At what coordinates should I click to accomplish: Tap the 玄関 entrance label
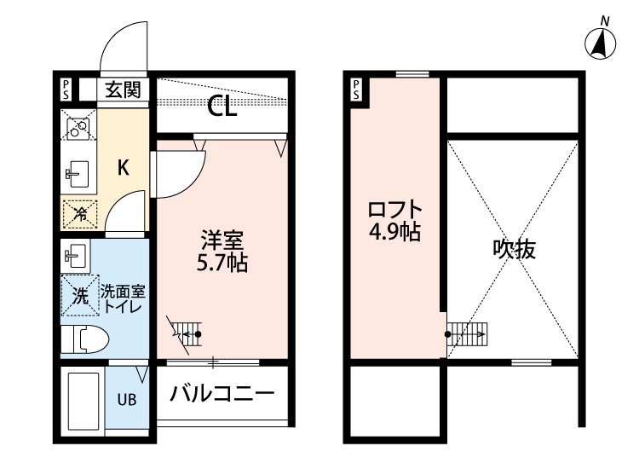coord(123,90)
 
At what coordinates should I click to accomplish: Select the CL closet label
coord(222,107)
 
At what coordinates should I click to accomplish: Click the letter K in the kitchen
coord(123,167)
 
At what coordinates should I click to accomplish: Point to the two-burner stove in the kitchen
coord(78,124)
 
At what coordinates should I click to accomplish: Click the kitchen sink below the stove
coord(77,174)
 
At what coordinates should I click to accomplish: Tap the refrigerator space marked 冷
coord(80,214)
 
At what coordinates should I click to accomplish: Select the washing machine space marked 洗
coord(80,296)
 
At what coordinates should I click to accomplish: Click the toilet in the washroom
coord(85,339)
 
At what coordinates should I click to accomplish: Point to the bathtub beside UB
coord(83,402)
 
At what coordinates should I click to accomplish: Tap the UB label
coord(127,400)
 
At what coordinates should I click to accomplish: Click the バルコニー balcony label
coord(222,394)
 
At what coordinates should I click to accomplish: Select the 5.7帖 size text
coord(222,263)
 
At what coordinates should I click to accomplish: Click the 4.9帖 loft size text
coord(394,232)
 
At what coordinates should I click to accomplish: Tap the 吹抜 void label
coord(514,249)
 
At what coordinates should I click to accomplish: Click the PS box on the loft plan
coord(357,90)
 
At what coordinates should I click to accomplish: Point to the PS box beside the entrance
coord(66,90)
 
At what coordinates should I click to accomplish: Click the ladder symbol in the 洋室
coord(187,334)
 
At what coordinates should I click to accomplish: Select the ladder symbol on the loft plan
coord(467,334)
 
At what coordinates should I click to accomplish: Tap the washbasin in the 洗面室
coord(75,256)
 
